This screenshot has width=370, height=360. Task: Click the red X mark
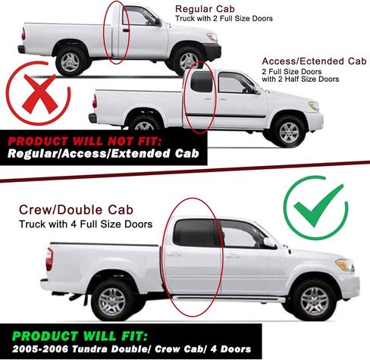(40, 94)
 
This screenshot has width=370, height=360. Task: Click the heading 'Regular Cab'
(205, 9)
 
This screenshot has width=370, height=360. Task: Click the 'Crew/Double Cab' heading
(76, 210)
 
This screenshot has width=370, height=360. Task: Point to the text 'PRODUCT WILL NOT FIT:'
(84, 141)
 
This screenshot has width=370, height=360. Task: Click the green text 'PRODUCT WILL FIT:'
(80, 336)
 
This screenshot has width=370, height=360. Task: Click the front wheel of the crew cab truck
(315, 301)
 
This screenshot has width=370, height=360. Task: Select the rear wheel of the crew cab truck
(112, 302)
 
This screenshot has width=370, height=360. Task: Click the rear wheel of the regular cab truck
(70, 62)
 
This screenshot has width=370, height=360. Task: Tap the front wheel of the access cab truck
(289, 132)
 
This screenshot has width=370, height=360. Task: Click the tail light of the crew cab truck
(49, 259)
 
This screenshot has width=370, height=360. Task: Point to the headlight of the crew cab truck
(345, 265)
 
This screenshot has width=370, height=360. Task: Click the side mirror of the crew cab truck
(269, 243)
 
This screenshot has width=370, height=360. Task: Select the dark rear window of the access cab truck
(202, 82)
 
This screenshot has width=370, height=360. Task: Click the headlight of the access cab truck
(314, 105)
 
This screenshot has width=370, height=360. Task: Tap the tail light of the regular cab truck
(24, 34)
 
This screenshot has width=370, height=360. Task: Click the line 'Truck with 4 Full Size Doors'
(86, 224)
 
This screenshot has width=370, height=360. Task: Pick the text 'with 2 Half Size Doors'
(300, 79)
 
